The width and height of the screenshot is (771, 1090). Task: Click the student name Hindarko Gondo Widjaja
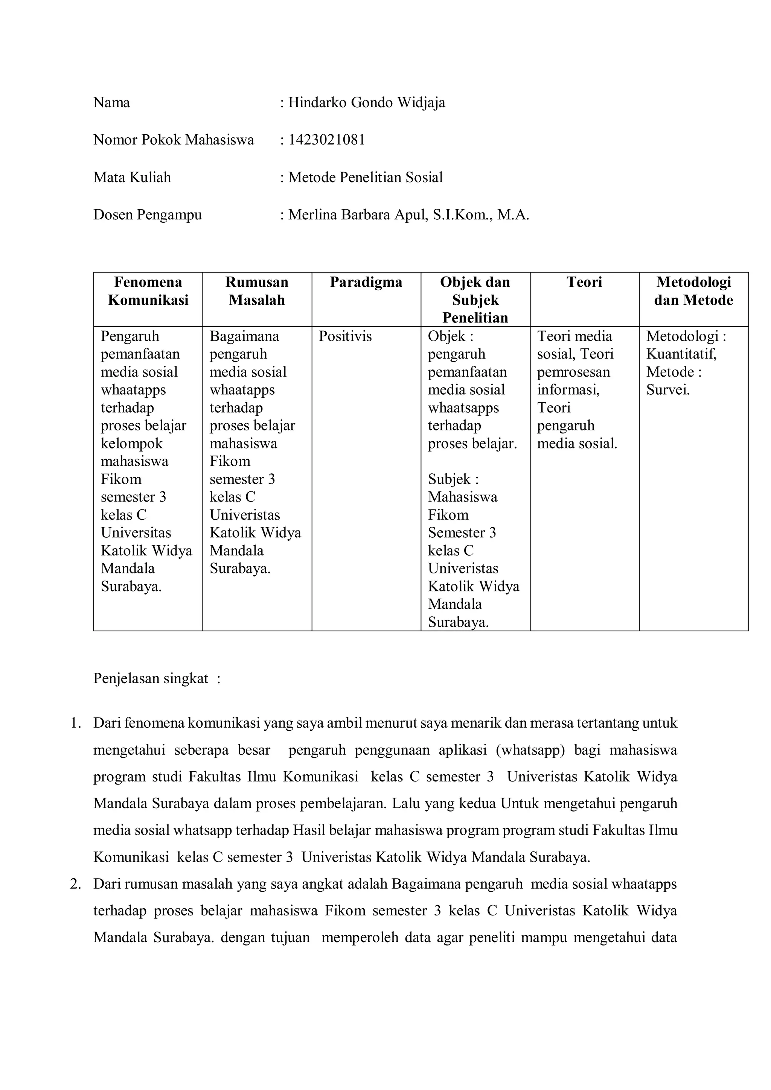click(366, 103)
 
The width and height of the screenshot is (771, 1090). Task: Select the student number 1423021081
click(326, 140)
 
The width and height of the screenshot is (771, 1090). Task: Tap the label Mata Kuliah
click(132, 177)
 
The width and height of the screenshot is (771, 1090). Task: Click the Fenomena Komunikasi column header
click(148, 291)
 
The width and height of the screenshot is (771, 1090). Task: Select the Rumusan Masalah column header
click(257, 291)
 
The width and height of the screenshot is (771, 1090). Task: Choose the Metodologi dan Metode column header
click(693, 291)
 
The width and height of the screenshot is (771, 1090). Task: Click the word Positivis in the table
click(345, 336)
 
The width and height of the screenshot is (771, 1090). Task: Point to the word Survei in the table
click(667, 390)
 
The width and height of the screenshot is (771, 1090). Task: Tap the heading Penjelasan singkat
click(151, 678)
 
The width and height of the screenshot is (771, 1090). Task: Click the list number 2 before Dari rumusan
click(75, 884)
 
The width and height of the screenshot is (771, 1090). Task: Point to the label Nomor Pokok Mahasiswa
click(174, 140)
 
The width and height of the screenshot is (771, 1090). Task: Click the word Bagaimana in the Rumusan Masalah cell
click(244, 336)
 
